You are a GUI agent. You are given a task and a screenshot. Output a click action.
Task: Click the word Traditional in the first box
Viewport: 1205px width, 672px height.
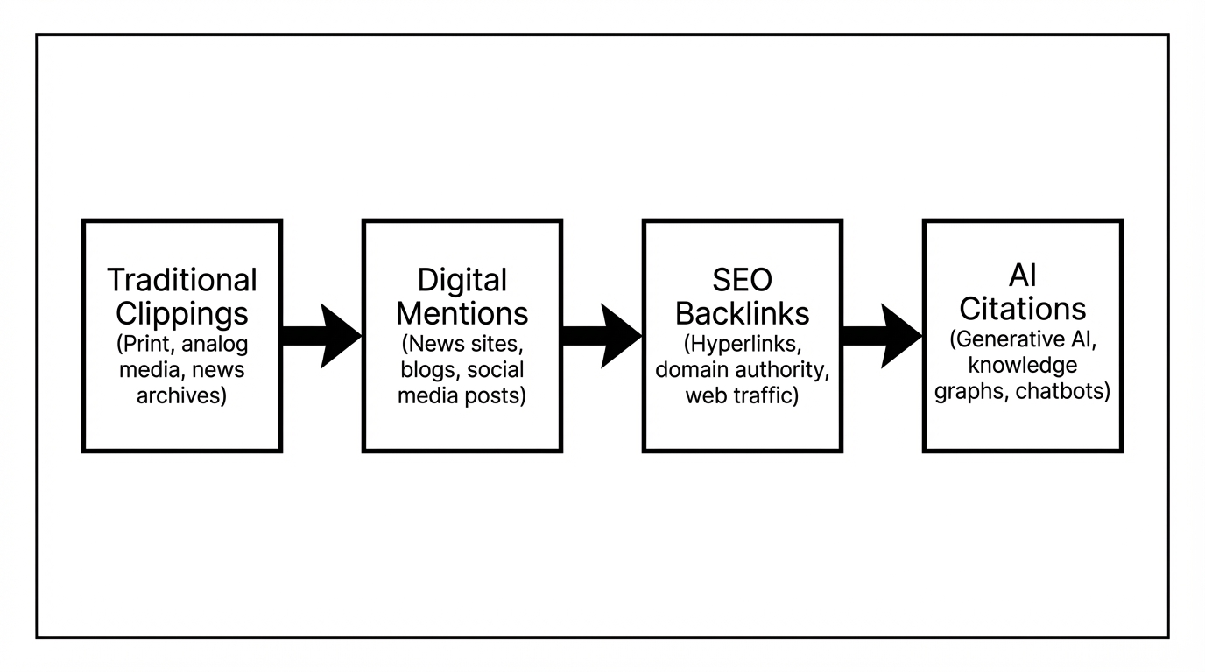pos(182,281)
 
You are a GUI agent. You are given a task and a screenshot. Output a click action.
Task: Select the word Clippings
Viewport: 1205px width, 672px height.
pos(182,313)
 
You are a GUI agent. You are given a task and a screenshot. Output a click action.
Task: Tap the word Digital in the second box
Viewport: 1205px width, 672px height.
pos(462,281)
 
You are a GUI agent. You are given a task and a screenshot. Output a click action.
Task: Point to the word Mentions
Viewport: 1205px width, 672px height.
pos(462,313)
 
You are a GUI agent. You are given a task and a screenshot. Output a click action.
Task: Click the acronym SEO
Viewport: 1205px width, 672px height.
pos(742,281)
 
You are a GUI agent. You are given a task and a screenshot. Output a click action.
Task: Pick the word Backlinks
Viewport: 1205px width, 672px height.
pos(742,313)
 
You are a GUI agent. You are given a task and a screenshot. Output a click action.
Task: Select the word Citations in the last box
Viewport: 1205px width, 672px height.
pos(1022,309)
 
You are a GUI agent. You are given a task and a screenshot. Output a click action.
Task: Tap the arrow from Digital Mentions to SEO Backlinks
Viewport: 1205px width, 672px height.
pos(602,336)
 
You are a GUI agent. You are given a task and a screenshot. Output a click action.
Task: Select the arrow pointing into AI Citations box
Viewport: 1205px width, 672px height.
pos(882,336)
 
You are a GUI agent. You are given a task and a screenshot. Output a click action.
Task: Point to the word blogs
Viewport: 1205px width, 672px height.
pos(426,369)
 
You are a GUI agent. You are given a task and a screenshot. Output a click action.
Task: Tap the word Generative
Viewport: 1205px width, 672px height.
pos(1004,339)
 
